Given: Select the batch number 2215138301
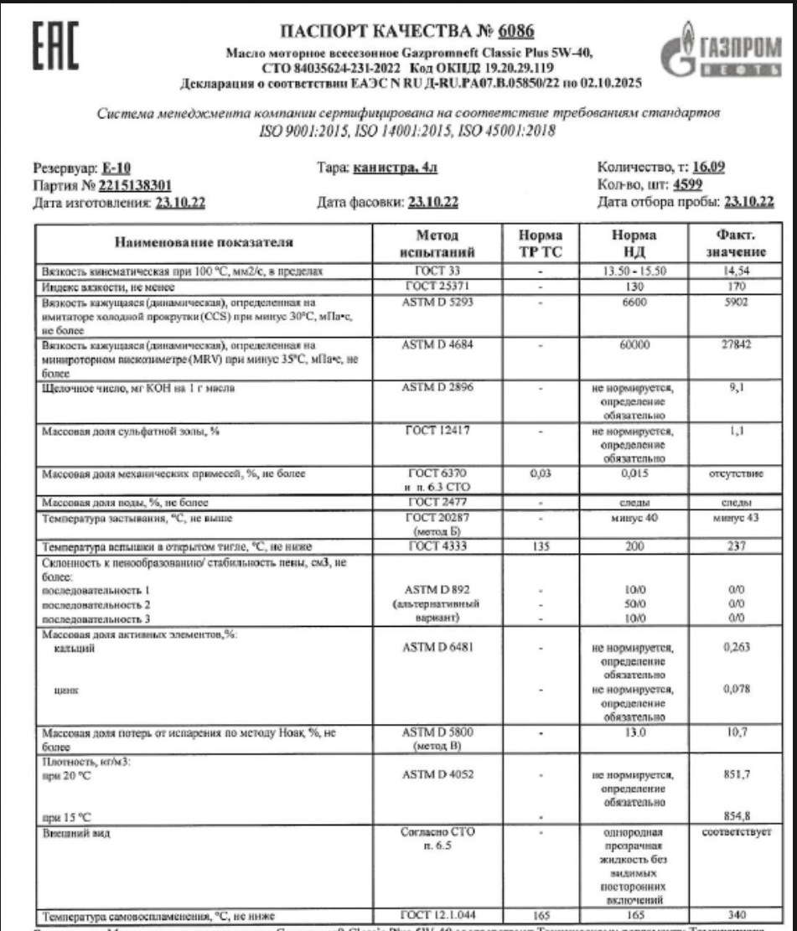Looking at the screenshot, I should (x=135, y=185).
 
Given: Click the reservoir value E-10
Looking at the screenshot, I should (x=113, y=168).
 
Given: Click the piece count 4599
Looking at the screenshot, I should (x=686, y=184).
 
